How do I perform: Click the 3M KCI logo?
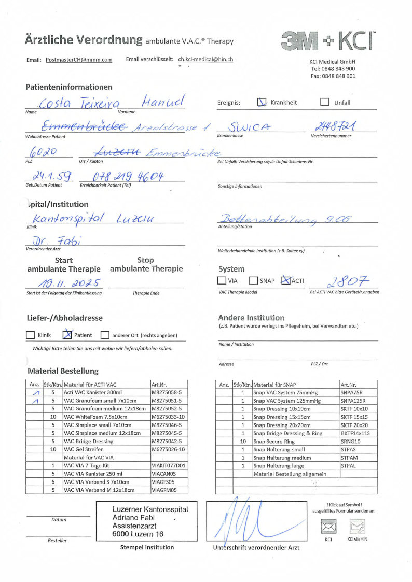tap(328, 40)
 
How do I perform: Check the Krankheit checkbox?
tap(262, 102)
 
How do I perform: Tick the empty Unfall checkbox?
tap(325, 102)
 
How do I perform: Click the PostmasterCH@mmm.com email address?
tap(79, 60)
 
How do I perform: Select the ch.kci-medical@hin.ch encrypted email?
tap(205, 59)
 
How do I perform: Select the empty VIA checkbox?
tap(222, 281)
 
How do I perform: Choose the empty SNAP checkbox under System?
tap(253, 281)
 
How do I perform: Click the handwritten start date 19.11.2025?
tap(64, 283)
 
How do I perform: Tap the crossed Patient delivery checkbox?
tap(67, 335)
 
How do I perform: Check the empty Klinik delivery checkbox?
tap(31, 335)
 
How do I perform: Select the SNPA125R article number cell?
tap(353, 401)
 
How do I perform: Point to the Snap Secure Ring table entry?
tap(274, 442)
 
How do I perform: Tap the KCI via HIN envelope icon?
tap(357, 528)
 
